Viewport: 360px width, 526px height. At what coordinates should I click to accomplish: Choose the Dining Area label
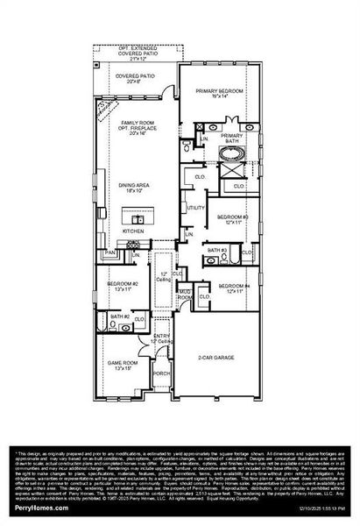135,185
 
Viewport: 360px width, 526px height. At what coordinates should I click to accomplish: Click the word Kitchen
133,231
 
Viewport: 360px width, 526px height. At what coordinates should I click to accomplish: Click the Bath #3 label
217,251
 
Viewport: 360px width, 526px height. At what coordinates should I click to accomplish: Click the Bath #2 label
120,316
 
